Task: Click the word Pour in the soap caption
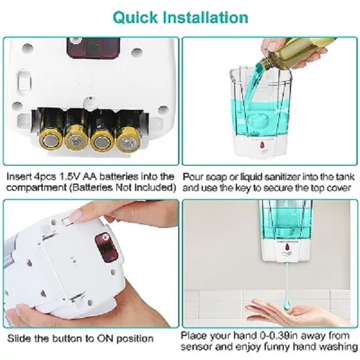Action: [x=193, y=177]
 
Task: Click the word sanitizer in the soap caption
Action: [x=279, y=177]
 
